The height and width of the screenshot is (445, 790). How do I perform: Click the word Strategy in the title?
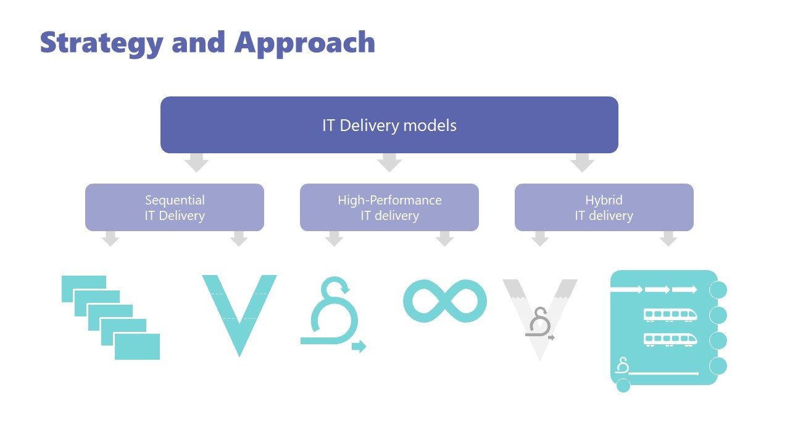click(102, 43)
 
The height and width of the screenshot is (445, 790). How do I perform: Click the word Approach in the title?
click(304, 43)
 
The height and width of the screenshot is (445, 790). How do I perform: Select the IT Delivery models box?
click(389, 125)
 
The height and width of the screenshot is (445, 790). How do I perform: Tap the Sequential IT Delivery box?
click(175, 208)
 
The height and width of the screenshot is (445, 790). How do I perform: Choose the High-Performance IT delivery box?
click(389, 208)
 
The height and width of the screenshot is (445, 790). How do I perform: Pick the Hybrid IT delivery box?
click(604, 208)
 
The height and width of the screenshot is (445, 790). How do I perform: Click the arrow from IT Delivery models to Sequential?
click(196, 163)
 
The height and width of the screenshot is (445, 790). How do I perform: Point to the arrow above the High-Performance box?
click(389, 163)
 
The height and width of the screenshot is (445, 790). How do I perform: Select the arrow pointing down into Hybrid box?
click(582, 163)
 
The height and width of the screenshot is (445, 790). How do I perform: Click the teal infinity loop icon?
click(444, 301)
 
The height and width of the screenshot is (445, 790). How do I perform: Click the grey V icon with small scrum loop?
click(539, 318)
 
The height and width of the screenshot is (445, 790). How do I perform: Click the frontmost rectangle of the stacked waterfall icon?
click(137, 347)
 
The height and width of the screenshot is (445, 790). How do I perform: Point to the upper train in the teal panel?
click(670, 315)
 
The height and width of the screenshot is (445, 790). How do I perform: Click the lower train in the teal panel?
click(670, 339)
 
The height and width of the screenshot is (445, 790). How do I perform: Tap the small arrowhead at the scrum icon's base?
click(359, 347)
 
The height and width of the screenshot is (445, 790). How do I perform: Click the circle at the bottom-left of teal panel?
click(623, 386)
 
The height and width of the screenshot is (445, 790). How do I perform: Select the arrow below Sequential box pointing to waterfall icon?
click(110, 239)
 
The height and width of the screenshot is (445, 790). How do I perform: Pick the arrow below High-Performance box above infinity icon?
click(444, 239)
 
